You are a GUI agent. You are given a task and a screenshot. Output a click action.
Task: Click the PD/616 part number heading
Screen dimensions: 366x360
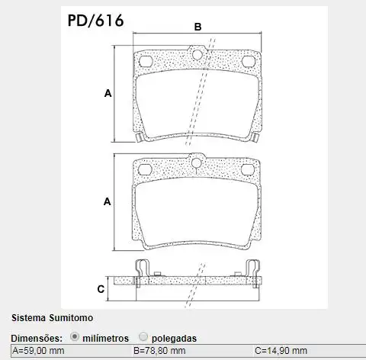[95, 21]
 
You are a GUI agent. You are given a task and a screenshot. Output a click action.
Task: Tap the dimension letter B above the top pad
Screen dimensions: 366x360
[197, 27]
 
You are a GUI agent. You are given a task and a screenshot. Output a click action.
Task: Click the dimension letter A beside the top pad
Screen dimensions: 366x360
[108, 93]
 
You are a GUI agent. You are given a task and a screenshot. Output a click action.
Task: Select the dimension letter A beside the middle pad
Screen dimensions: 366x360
[108, 201]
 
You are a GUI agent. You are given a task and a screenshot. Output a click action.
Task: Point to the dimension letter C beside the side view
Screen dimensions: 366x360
[101, 289]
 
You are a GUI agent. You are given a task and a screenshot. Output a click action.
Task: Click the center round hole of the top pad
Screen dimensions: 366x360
[197, 55]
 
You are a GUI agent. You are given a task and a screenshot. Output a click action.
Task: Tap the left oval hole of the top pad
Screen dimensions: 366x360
[146, 61]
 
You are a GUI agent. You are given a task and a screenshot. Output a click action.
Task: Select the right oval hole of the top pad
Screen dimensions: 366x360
[249, 61]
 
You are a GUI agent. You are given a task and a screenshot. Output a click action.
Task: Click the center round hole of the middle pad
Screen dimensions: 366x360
[197, 162]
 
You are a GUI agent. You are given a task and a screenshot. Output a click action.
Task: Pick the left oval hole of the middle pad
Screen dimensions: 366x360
[145, 169]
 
